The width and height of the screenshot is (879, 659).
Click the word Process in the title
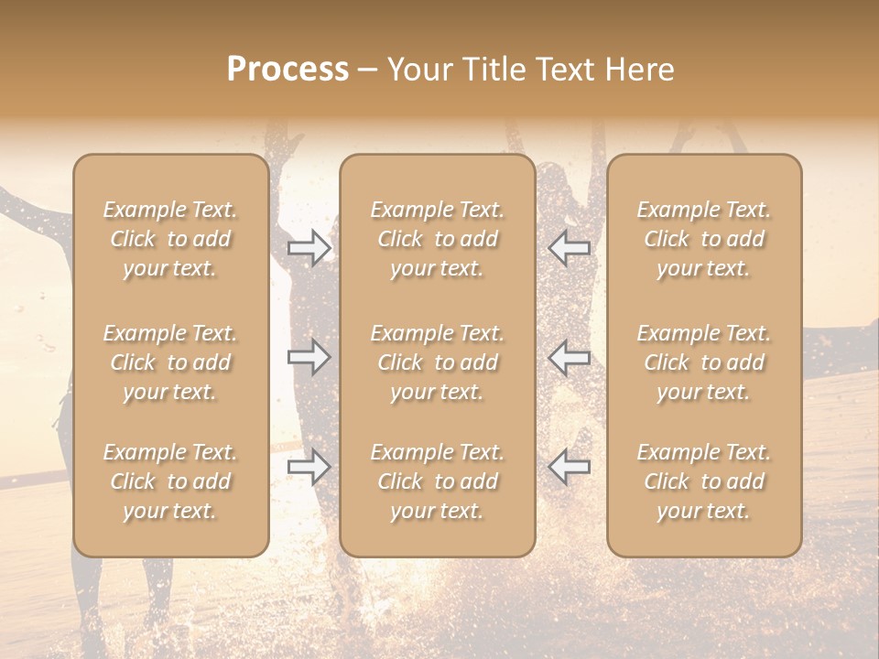[x=288, y=70]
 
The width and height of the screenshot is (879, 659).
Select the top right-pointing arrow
[x=309, y=248]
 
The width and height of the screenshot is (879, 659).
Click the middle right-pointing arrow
[x=309, y=357]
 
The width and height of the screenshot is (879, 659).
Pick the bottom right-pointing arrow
[x=309, y=467]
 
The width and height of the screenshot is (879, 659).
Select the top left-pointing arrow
[x=569, y=248]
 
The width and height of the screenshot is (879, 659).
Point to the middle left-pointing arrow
[x=569, y=357]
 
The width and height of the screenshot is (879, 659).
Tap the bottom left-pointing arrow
[x=569, y=467]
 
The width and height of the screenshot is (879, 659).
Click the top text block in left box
[x=170, y=239]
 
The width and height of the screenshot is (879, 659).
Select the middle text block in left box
[x=170, y=362]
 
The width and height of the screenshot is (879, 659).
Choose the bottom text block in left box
[x=170, y=481]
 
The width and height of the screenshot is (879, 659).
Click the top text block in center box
[x=437, y=239]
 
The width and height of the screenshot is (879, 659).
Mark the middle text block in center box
[x=437, y=362]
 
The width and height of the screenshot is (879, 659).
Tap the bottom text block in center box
[x=437, y=481]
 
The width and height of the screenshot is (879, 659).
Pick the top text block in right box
[x=703, y=239]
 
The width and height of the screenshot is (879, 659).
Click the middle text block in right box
[x=703, y=362]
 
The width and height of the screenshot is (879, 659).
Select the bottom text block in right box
[x=703, y=481]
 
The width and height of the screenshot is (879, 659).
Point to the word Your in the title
[x=418, y=70]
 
